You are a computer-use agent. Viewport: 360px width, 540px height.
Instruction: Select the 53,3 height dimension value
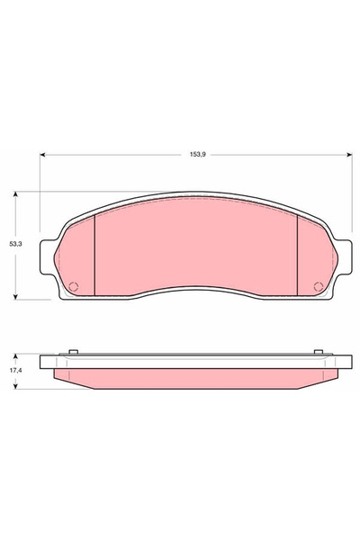(x=14, y=243)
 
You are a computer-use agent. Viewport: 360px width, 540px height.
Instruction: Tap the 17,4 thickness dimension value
(x=14, y=370)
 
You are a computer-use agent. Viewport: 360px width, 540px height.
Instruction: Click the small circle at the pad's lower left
(x=74, y=288)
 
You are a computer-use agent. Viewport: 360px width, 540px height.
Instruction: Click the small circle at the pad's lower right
(x=317, y=288)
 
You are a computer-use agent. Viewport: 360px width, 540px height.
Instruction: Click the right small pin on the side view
(x=318, y=352)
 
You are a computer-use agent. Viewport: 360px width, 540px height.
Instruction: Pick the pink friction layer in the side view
(x=195, y=375)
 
